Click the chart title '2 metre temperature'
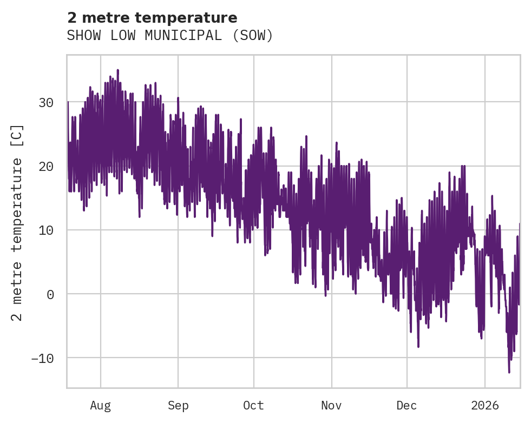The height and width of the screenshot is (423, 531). pyautogui.click(x=152, y=18)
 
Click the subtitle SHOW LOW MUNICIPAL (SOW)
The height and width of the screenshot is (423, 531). pyautogui.click(x=170, y=36)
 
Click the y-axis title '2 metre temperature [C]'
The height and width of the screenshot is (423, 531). pyautogui.click(x=18, y=222)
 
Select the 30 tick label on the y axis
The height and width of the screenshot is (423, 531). pyautogui.click(x=46, y=102)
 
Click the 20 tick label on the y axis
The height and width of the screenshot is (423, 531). pyautogui.click(x=46, y=166)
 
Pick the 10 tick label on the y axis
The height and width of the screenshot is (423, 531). pyautogui.click(x=46, y=230)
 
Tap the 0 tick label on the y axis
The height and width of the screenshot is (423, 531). pyautogui.click(x=50, y=294)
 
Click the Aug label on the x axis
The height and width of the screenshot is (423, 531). pyautogui.click(x=100, y=406)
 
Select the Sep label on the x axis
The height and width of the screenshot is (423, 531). pyautogui.click(x=178, y=406)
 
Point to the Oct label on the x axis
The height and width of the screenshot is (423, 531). pyautogui.click(x=253, y=406)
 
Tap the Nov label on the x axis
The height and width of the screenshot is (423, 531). pyautogui.click(x=331, y=406)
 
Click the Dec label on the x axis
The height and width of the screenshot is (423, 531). pyautogui.click(x=407, y=406)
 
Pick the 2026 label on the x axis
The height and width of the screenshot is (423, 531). pyautogui.click(x=485, y=406)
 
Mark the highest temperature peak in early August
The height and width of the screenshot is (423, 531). pyautogui.click(x=117, y=70)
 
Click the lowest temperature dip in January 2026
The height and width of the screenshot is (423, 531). pyautogui.click(x=509, y=372)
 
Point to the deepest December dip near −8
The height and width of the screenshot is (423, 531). pyautogui.click(x=418, y=347)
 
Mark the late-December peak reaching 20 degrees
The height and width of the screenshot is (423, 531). pyautogui.click(x=462, y=166)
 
